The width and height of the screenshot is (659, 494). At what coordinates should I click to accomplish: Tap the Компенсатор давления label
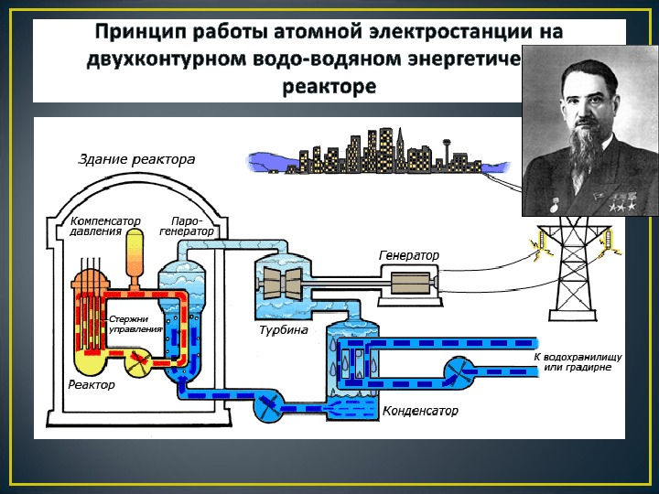click(96, 226)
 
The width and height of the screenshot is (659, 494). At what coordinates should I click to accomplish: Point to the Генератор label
click(409, 254)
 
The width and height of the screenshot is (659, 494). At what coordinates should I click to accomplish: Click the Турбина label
click(283, 329)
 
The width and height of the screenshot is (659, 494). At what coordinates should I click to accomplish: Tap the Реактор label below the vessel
click(92, 385)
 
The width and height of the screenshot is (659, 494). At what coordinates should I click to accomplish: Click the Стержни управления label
click(135, 323)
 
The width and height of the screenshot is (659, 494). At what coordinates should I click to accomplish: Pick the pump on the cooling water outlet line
click(459, 370)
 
